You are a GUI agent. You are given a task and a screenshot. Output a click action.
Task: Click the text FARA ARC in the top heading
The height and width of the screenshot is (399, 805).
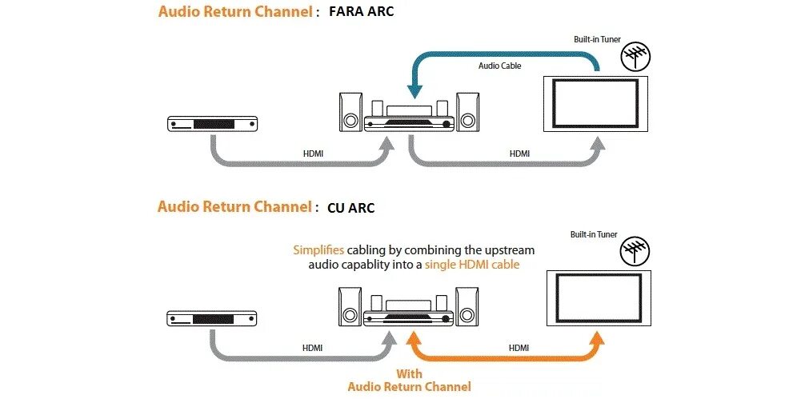point(361,12)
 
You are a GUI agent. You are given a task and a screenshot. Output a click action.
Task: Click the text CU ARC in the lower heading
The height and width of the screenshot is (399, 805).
point(350,208)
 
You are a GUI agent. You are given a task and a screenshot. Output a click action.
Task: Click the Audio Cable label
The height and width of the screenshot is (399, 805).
point(499,66)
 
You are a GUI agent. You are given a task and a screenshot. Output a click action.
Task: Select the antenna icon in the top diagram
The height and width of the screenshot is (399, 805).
point(636,57)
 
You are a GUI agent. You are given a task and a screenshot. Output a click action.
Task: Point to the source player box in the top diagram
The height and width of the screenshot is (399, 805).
point(213,124)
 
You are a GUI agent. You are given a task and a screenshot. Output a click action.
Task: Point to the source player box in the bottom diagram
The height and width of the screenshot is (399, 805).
point(213,318)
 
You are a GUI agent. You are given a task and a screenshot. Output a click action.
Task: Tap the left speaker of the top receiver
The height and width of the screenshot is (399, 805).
point(350,112)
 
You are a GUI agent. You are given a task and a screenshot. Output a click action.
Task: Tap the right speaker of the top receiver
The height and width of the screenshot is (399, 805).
point(467,112)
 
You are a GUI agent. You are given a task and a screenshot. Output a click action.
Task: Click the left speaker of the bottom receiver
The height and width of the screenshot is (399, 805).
point(350,306)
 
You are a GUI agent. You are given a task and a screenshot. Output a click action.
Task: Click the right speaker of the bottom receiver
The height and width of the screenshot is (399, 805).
point(467,306)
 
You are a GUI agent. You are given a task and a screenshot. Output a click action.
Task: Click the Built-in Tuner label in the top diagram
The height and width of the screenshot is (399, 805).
point(597,39)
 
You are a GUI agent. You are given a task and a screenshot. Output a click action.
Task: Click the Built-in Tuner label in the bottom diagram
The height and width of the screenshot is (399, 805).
point(594,234)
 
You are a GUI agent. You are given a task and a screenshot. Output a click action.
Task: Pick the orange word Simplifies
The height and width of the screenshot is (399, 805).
point(318,250)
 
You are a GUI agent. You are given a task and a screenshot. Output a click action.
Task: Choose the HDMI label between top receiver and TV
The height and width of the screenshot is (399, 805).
point(519,154)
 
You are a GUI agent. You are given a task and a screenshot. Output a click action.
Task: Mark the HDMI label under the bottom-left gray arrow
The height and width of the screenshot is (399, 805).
point(312,348)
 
